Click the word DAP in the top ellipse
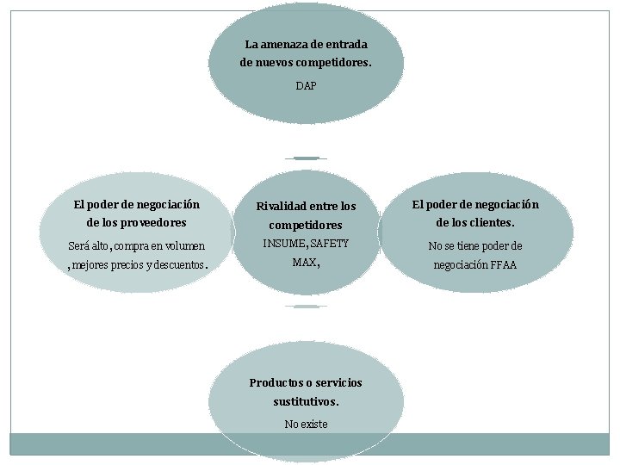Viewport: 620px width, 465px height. (x=306, y=86)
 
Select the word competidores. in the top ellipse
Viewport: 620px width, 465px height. (x=329, y=62)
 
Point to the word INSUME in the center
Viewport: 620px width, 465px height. (x=283, y=244)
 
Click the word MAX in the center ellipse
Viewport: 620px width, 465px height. (x=303, y=263)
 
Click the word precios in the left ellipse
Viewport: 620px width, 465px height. (x=124, y=265)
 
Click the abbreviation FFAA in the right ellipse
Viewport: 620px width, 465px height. (x=503, y=265)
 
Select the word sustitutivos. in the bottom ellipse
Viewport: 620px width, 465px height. (x=306, y=401)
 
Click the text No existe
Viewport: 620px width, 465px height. (x=306, y=425)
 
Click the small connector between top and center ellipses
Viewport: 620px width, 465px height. (x=306, y=158)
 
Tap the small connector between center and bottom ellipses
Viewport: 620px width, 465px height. (x=306, y=307)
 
